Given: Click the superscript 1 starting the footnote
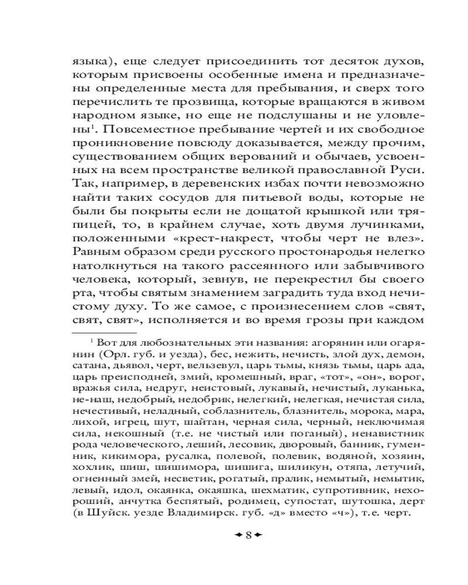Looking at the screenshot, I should (91, 340).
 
